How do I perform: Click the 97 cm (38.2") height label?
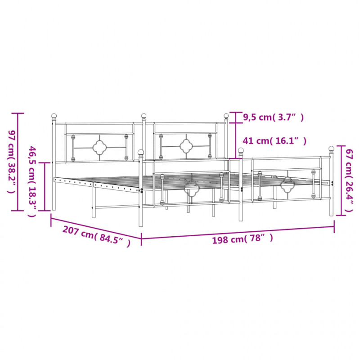pos(12,162)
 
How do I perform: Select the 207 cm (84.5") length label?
pos(96,237)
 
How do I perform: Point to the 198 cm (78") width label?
pos(243,239)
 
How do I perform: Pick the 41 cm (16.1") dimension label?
pos(274,140)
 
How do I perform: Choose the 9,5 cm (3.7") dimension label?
pos(273,117)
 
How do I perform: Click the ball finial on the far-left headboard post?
pos(54,116)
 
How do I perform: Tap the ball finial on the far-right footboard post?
pos(331,148)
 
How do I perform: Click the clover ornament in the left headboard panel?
pos(99,148)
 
